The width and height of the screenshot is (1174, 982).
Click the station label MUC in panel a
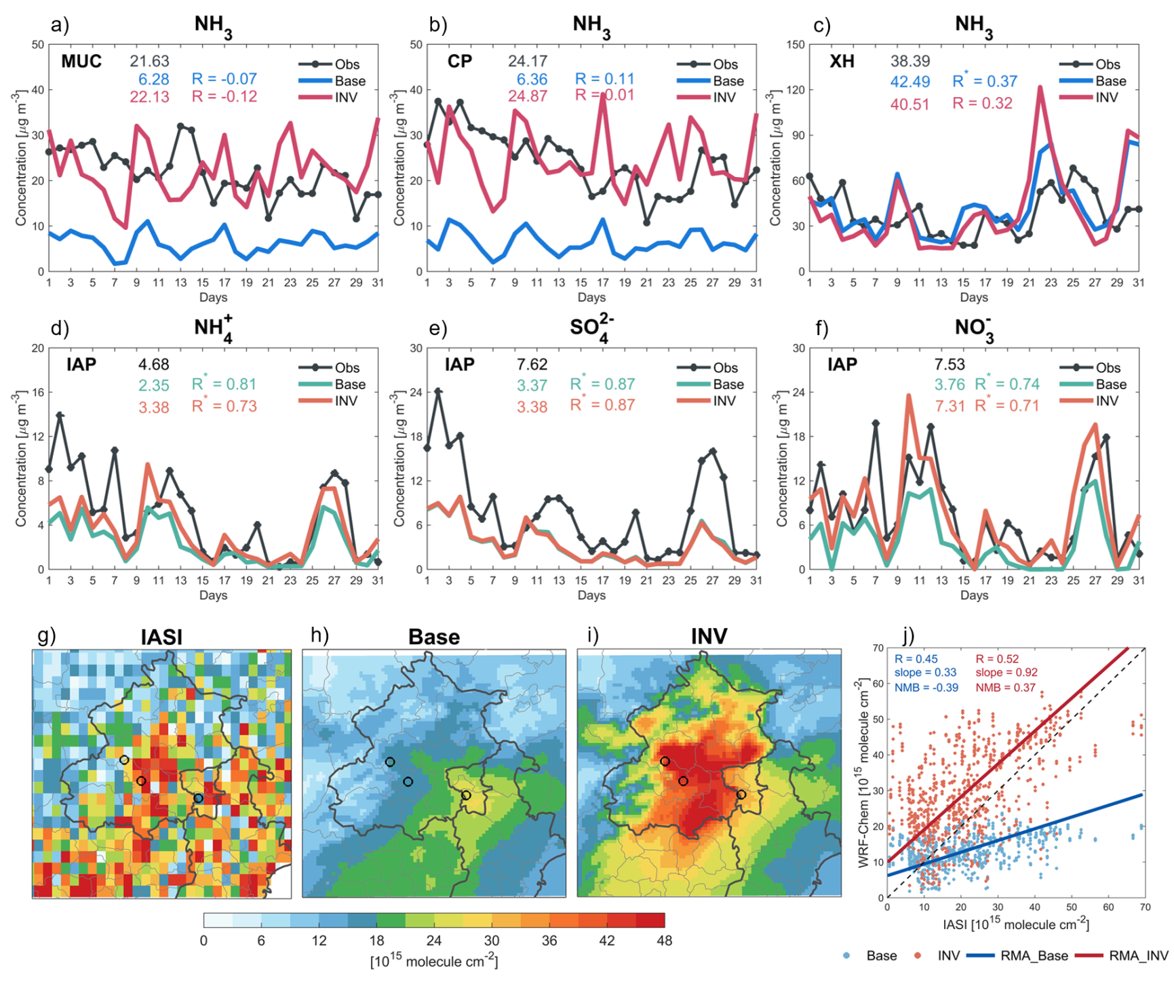(x=81, y=62)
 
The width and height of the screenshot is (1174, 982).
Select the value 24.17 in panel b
(x=528, y=62)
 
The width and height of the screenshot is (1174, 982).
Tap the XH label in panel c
(x=842, y=62)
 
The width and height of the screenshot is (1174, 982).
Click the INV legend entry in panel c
(x=1106, y=98)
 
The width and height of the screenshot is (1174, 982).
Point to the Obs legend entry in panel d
(x=347, y=368)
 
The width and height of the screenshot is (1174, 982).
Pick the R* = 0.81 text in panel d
(x=224, y=385)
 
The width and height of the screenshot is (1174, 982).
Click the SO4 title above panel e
(x=591, y=328)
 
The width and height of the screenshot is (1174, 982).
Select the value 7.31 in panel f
(x=950, y=406)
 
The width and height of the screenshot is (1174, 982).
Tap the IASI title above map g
(x=161, y=637)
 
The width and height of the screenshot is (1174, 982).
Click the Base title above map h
(x=434, y=637)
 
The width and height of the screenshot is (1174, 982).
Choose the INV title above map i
(x=709, y=637)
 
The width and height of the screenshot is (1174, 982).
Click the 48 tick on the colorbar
(x=664, y=941)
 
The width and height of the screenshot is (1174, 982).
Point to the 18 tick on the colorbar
(x=376, y=941)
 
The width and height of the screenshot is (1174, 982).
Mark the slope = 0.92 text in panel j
(x=1006, y=673)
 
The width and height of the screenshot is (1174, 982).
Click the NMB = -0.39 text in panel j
(x=926, y=688)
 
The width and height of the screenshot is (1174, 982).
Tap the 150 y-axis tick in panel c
(x=796, y=45)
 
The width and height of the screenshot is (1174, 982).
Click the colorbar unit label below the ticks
(x=434, y=962)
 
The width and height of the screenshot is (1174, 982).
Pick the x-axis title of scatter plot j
(x=1015, y=925)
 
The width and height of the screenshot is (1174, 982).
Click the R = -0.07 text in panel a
(x=224, y=79)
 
